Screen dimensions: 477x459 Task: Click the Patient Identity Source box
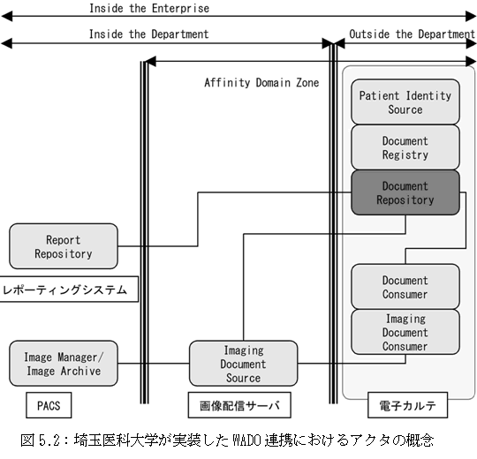405,102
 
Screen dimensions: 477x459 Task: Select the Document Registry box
405,147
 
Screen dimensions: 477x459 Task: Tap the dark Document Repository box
405,192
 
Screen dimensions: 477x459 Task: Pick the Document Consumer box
405,287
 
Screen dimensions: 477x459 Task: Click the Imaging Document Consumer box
405,332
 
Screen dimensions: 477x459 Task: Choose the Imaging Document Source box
244,364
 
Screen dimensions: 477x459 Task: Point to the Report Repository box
64,246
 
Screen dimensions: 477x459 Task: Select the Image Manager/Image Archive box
64,364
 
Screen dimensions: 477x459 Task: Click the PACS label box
49,405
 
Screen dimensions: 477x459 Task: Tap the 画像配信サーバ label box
239,405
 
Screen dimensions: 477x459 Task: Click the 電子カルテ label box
407,405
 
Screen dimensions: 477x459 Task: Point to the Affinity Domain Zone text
261,82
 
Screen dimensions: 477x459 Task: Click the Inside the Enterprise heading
149,8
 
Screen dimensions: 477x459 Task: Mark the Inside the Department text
149,34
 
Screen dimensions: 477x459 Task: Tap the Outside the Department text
412,34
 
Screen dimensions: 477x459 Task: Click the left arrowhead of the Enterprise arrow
6,17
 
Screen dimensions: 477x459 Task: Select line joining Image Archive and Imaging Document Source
154,364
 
